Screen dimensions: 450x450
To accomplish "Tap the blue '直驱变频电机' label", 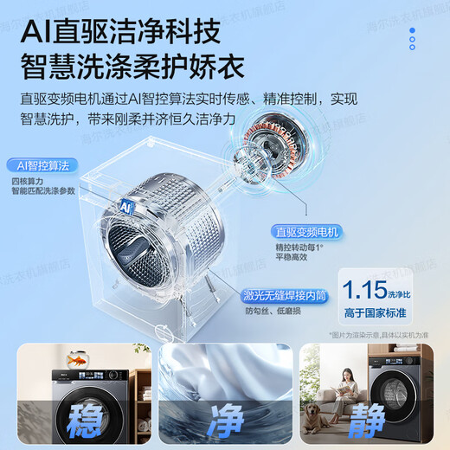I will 307,232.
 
